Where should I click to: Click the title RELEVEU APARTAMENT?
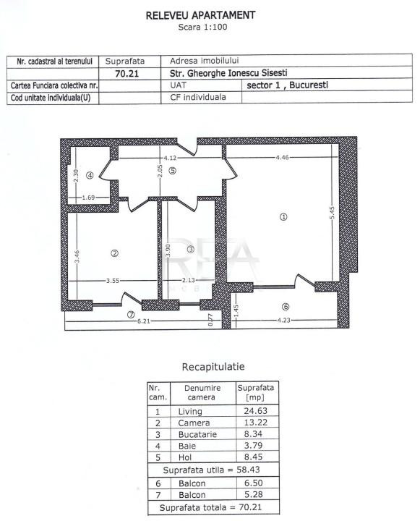[x=200, y=15]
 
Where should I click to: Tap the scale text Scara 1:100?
[x=202, y=27]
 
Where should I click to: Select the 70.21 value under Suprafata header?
[x=127, y=73]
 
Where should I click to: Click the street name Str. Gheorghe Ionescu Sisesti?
[x=228, y=73]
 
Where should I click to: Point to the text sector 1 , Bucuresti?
[x=287, y=85]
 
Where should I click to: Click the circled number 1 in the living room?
[x=283, y=217]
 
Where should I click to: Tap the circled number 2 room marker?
[x=114, y=253]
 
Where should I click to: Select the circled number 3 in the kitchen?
[x=191, y=249]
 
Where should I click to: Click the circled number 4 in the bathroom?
[x=90, y=175]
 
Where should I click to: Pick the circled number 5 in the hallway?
[x=172, y=171]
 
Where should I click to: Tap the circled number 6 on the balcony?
[x=286, y=307]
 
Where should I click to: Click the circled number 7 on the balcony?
[x=131, y=314]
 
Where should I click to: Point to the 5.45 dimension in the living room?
[x=332, y=213]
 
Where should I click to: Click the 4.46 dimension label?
[x=282, y=158]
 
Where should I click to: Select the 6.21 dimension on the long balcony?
[x=143, y=321]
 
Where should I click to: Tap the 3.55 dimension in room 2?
[x=113, y=281]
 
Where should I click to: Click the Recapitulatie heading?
[x=213, y=367]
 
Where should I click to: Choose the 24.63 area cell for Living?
[x=255, y=411]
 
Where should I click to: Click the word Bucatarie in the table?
[x=197, y=434]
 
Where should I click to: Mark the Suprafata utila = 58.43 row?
[x=212, y=470]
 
